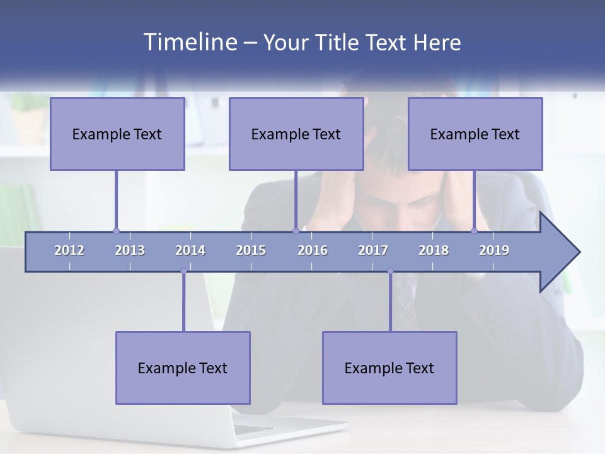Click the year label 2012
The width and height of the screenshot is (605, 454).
click(69, 250)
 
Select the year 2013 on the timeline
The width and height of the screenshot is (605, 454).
click(130, 250)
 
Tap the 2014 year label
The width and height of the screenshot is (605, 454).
click(190, 250)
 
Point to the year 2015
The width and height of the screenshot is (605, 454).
click(251, 250)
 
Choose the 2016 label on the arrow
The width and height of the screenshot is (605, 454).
click(313, 250)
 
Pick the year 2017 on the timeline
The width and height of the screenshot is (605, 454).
click(373, 250)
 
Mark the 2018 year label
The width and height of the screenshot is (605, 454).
click(434, 250)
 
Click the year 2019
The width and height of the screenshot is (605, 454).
click(494, 250)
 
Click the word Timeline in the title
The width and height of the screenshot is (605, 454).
click(189, 42)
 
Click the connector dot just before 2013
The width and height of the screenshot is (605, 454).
click(116, 231)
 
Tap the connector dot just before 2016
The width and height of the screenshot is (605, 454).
click(296, 231)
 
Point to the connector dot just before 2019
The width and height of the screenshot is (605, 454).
click(475, 231)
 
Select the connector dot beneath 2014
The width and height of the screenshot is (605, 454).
click(183, 271)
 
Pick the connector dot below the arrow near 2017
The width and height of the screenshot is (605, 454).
click(390, 271)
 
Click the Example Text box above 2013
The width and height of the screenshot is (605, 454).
click(117, 134)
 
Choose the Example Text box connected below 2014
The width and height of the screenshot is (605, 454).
click(183, 368)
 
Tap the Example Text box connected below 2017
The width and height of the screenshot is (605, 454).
click(389, 368)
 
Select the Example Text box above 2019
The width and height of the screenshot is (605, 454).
click(475, 134)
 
